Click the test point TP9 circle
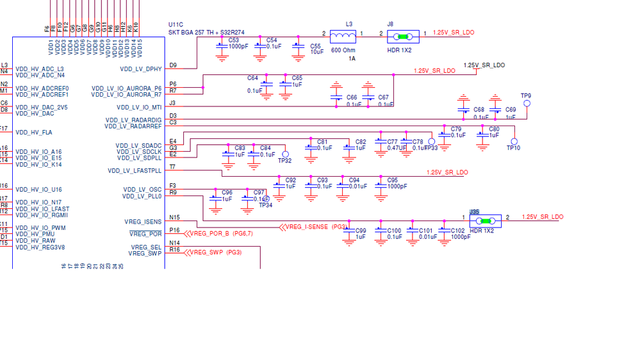click(527, 103)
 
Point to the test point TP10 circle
click(514, 142)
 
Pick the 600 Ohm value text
click(344, 50)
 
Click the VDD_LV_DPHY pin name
click(141, 69)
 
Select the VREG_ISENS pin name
click(143, 222)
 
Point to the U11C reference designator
click(176, 24)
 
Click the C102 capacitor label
click(457, 231)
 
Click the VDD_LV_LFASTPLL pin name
click(135, 171)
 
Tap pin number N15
click(174, 217)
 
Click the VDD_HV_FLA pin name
click(34, 133)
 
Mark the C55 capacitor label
click(316, 46)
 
